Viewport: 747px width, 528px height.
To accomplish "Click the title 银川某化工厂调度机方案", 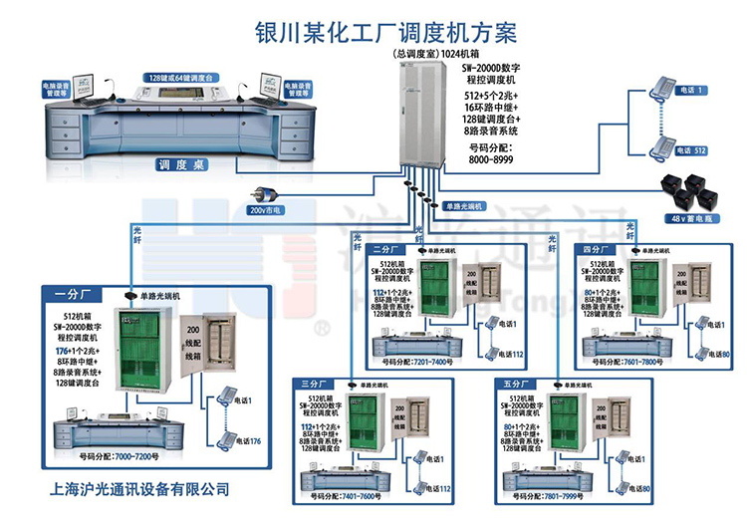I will [373, 32].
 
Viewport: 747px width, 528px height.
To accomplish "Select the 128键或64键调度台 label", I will [181, 77].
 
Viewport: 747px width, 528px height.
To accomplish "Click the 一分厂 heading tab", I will [72, 293].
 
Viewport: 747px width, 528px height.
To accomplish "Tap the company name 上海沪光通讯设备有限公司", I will [139, 489].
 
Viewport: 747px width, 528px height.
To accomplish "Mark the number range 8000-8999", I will [494, 157].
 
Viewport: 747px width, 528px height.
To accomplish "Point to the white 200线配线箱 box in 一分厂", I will [212, 354].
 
